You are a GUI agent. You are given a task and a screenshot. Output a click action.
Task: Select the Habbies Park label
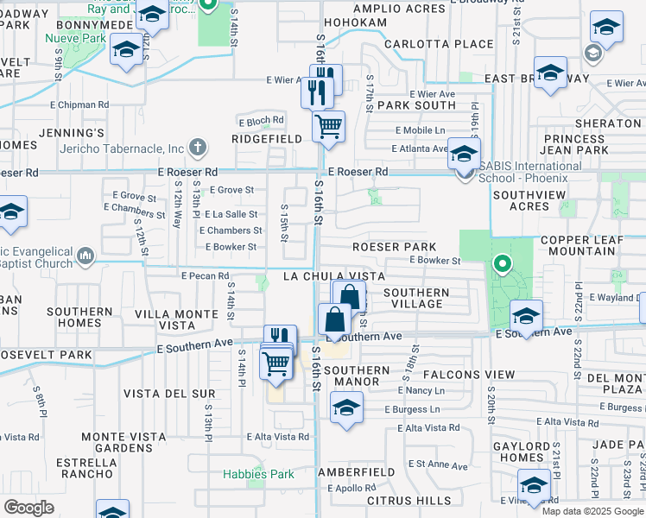258,474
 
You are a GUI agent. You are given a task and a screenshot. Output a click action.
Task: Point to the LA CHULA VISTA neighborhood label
334,276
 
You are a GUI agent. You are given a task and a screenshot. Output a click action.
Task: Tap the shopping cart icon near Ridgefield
328,127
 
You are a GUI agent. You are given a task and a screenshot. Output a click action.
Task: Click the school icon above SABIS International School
464,155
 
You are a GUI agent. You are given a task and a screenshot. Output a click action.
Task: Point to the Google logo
29,508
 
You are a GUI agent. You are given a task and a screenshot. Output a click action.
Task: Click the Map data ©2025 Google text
592,511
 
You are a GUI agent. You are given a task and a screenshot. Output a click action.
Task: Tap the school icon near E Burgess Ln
346,408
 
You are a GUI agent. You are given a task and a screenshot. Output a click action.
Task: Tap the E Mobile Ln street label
421,129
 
